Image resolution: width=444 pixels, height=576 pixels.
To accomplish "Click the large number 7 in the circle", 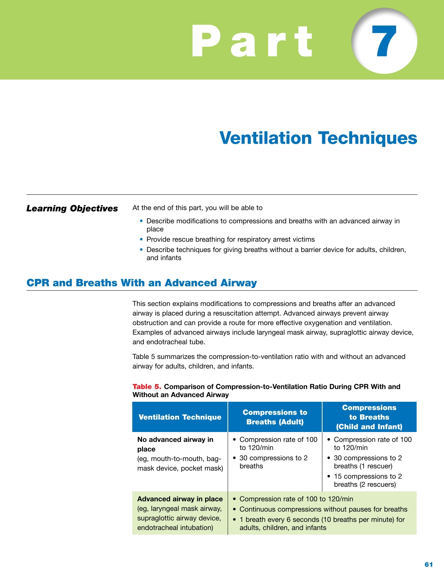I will click(x=386, y=41).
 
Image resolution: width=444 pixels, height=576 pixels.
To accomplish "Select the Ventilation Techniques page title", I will click(x=318, y=138).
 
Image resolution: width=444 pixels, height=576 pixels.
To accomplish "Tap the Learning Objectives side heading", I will click(x=72, y=208).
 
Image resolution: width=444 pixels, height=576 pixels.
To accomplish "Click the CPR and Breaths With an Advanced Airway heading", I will click(x=142, y=283).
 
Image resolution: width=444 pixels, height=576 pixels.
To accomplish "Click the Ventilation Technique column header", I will click(x=180, y=417).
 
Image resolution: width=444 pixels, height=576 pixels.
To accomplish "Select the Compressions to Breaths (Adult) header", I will click(x=275, y=417).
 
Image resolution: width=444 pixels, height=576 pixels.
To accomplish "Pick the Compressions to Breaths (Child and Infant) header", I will click(x=369, y=417).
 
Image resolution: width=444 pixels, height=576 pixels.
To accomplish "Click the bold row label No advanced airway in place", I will click(x=175, y=444).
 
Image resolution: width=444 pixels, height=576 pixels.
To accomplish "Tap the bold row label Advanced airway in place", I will click(x=180, y=499).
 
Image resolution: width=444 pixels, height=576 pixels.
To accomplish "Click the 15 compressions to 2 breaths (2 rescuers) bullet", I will click(x=368, y=480).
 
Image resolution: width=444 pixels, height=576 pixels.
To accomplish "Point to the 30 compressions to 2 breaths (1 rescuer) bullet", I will click(x=368, y=462).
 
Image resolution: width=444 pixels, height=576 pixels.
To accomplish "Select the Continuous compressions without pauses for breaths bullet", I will click(x=323, y=509).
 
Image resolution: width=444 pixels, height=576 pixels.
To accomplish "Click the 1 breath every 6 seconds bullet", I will click(x=321, y=523).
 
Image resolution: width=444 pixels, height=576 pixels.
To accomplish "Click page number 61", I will click(x=428, y=564).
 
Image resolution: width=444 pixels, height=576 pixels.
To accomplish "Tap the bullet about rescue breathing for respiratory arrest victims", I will click(x=230, y=239).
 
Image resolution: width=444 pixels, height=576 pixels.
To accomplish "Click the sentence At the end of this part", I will click(x=197, y=208).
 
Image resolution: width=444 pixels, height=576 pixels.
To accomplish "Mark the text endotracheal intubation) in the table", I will click(x=175, y=528).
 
